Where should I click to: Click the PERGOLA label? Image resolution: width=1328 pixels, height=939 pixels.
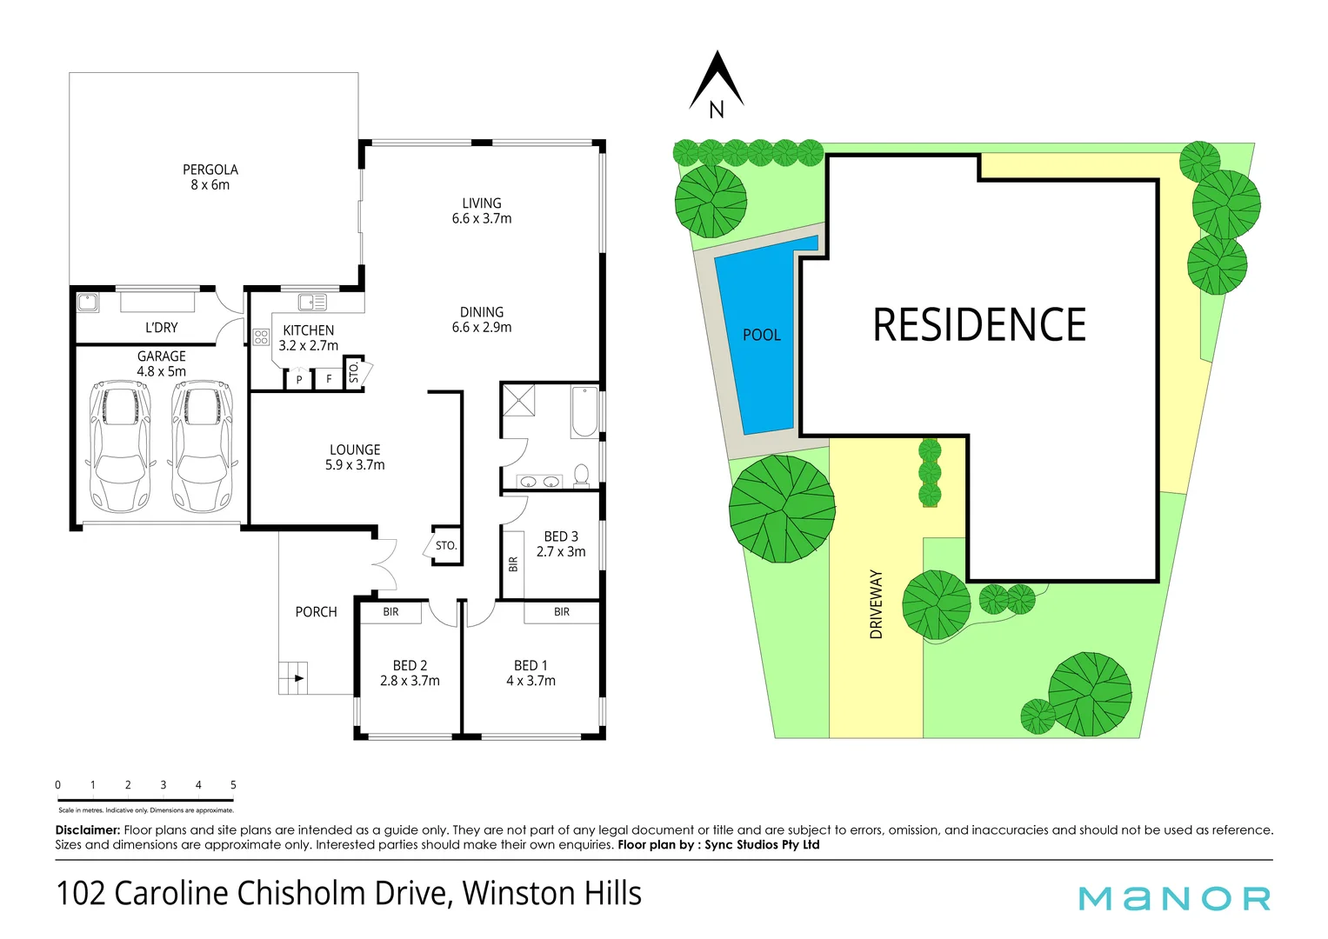(x=210, y=170)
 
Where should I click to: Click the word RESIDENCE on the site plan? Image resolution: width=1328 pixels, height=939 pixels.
(x=979, y=325)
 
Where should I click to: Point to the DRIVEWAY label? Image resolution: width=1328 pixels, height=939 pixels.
(x=877, y=604)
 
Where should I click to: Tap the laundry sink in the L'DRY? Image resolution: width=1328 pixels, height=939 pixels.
(x=88, y=303)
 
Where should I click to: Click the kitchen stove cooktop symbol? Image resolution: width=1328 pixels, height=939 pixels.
(x=261, y=336)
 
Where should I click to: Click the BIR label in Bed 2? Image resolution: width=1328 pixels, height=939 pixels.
(x=391, y=612)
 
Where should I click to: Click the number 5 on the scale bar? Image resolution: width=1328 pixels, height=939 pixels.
(x=233, y=785)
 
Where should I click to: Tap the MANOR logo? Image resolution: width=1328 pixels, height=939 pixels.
(x=1174, y=898)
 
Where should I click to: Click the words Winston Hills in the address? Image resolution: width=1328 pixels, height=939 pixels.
(x=551, y=894)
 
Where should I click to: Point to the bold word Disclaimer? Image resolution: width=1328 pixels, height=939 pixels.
(x=88, y=830)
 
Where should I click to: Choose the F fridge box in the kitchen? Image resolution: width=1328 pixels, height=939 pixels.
(x=329, y=379)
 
